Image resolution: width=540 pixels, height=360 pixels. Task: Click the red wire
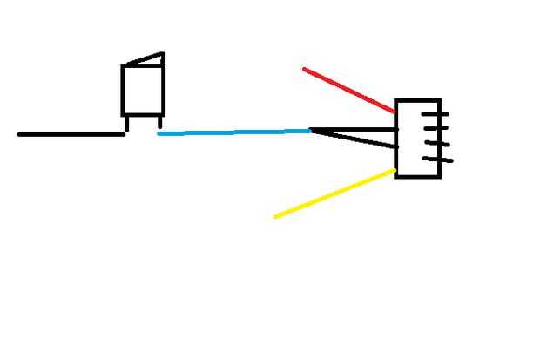click(348, 90)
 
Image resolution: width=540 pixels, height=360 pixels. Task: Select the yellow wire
click(335, 194)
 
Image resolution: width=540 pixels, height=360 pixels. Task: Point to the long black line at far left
click(70, 134)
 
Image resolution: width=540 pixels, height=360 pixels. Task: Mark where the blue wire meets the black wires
click(311, 131)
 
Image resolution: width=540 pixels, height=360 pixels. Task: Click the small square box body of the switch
click(143, 90)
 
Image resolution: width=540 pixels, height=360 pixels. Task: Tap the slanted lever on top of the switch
click(145, 60)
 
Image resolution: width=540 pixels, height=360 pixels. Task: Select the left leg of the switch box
click(126, 124)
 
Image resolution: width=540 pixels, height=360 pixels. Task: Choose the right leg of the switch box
click(160, 121)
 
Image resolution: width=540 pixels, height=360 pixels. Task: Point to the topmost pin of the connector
click(435, 113)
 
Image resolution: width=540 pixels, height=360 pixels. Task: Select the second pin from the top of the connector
click(435, 128)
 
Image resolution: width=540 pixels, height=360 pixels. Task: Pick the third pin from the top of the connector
click(436, 143)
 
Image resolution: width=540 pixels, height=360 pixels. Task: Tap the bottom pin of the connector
click(438, 159)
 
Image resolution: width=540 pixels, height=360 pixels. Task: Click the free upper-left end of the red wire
click(304, 68)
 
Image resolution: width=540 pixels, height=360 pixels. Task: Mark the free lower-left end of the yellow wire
click(275, 216)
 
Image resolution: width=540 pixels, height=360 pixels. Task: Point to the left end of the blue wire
click(159, 134)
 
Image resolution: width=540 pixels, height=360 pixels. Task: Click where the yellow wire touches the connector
click(394, 171)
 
